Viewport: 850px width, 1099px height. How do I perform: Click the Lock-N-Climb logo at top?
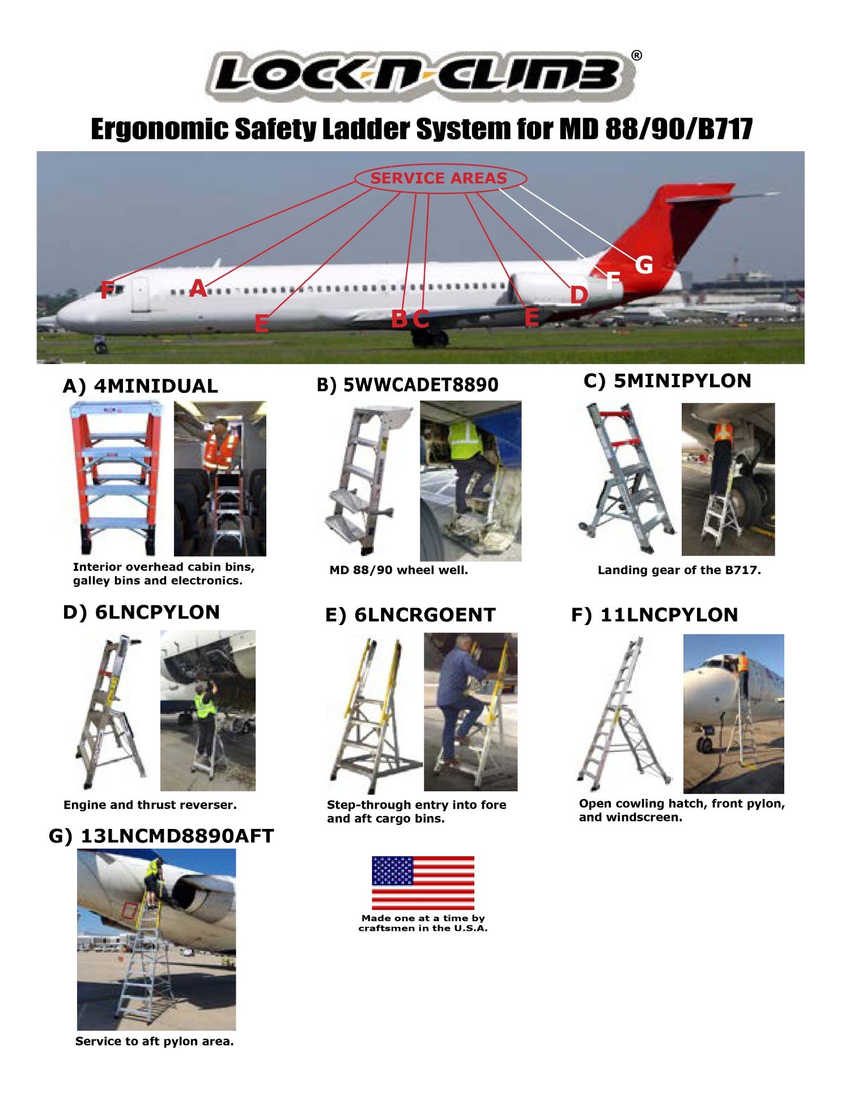coord(419,76)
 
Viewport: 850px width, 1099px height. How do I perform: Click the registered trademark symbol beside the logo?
coord(636,55)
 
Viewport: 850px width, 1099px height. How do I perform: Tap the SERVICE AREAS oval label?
coord(440,178)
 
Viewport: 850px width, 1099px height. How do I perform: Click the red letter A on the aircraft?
coord(198,289)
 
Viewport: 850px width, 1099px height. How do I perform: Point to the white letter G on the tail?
coord(644,265)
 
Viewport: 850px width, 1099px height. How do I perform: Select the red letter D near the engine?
coord(579,295)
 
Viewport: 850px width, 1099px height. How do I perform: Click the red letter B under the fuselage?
coord(399,319)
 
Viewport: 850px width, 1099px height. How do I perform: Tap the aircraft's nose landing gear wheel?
coord(100,346)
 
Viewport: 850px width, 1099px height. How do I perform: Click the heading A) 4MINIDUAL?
coord(140,386)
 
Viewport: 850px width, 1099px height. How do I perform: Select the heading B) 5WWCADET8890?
coord(407,385)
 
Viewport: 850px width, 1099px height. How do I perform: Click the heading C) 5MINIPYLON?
coord(667,381)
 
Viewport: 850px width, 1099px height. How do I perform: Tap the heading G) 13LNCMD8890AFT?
coord(161,836)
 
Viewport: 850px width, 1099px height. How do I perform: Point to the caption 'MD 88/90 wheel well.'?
coord(398,570)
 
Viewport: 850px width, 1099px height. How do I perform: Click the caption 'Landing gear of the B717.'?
coord(679,570)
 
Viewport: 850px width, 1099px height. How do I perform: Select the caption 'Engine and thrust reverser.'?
coord(150,805)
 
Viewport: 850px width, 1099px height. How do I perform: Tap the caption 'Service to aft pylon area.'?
coord(154,1041)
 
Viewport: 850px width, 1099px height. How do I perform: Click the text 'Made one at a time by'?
coord(423,918)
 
